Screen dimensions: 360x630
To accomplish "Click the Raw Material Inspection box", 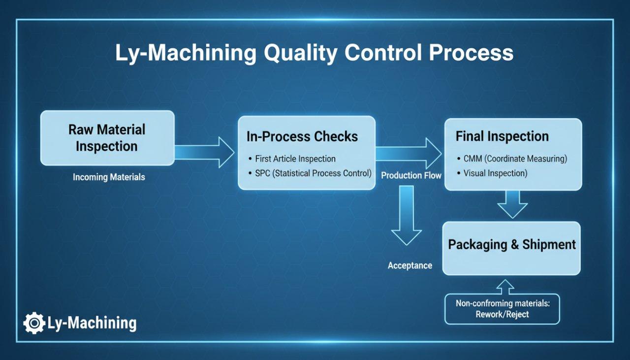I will [x=107, y=138].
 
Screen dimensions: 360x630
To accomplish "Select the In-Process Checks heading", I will [x=302, y=136].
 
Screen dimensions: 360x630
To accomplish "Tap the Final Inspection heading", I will [x=502, y=136].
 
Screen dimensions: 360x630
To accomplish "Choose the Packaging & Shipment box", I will [x=511, y=248].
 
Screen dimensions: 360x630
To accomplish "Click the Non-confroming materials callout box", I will [x=502, y=309].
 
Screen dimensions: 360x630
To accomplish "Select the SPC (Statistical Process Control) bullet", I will [x=313, y=173].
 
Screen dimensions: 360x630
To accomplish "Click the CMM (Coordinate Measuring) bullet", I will [x=515, y=159].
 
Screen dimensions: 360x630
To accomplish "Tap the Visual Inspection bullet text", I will [x=495, y=173].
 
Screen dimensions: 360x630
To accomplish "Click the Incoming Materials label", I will [x=109, y=177].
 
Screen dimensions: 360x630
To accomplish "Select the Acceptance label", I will [x=409, y=265].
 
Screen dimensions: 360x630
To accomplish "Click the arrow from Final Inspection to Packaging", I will [x=512, y=204].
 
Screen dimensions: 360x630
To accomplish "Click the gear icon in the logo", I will [x=34, y=324].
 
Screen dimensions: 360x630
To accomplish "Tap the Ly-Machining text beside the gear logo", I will [x=92, y=323].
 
